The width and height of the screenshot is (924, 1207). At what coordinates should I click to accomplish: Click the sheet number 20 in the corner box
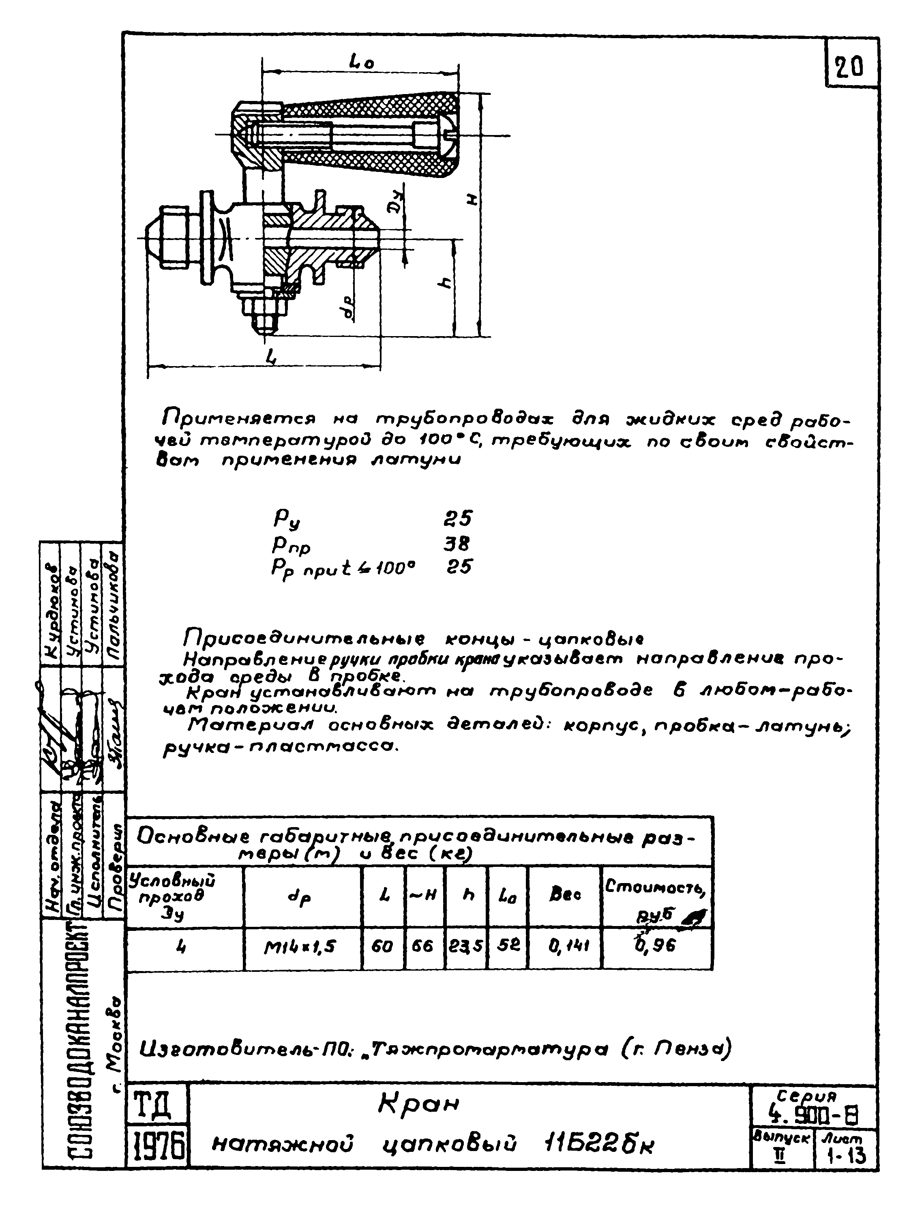pyautogui.click(x=850, y=68)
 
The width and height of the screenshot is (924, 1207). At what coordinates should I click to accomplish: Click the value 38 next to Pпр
pyautogui.click(x=457, y=544)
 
